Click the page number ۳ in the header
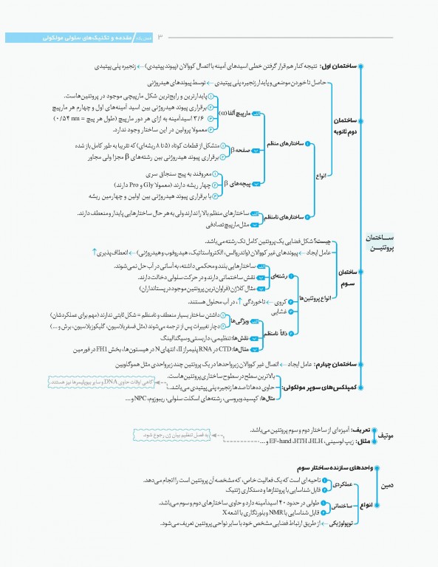pos(160,37)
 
